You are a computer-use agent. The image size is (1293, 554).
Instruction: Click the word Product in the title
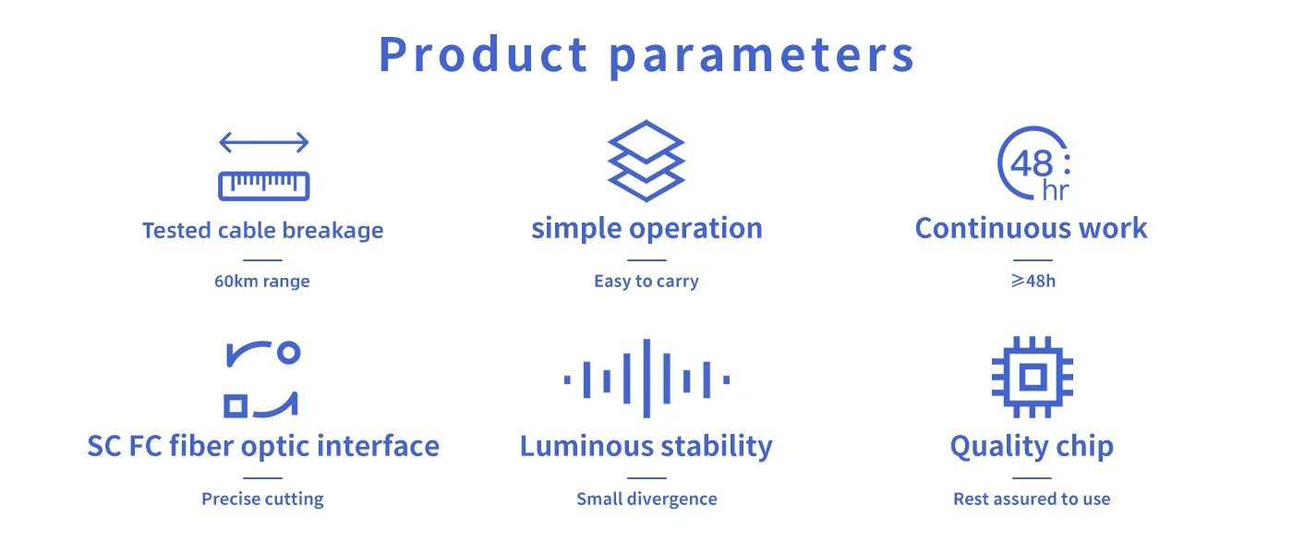pyautogui.click(x=483, y=54)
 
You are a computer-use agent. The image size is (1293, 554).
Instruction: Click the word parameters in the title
pyautogui.click(x=761, y=56)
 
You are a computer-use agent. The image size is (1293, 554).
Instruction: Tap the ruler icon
pyautogui.click(x=264, y=186)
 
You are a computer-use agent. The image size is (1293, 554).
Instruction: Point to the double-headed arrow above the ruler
pyautogui.click(x=264, y=142)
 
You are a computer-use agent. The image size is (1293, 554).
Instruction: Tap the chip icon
pyautogui.click(x=1033, y=377)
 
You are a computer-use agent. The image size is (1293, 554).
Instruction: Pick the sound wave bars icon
pyautogui.click(x=646, y=379)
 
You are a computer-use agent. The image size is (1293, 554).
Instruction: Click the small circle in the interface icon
pyautogui.click(x=288, y=353)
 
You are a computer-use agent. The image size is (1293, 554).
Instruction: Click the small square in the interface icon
pyautogui.click(x=236, y=405)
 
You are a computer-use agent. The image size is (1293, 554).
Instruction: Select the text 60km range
pyautogui.click(x=262, y=281)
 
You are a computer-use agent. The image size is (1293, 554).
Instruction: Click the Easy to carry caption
pyautogui.click(x=646, y=282)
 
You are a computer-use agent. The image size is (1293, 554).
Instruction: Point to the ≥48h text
pyautogui.click(x=1033, y=281)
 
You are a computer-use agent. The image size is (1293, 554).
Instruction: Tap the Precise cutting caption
pyautogui.click(x=262, y=500)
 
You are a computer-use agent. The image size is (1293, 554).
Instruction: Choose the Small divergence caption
pyautogui.click(x=646, y=500)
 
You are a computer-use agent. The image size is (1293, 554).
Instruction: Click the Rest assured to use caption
pyautogui.click(x=1033, y=499)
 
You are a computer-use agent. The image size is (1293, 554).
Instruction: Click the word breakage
pyautogui.click(x=333, y=231)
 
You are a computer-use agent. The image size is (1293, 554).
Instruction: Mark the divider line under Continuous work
pyautogui.click(x=1033, y=260)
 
